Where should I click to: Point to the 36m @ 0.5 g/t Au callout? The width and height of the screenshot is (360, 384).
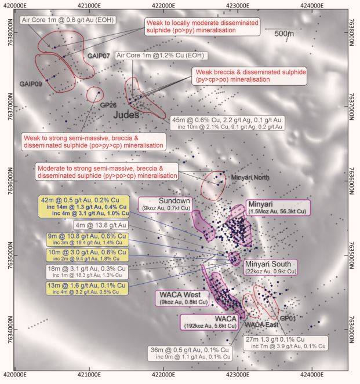197,353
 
